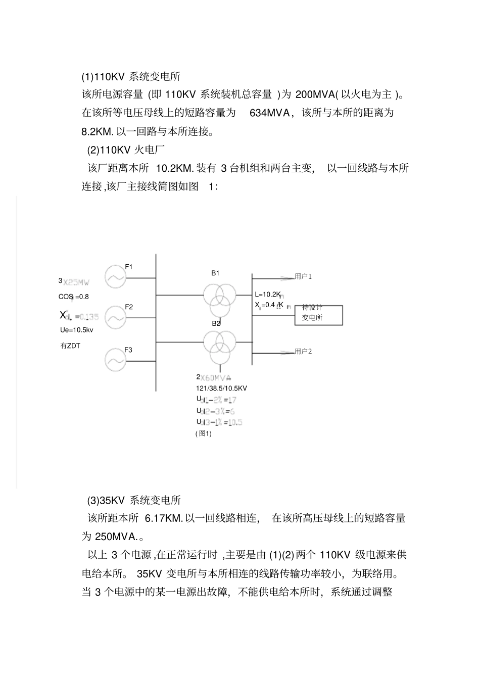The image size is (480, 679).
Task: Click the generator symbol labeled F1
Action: (x=115, y=277)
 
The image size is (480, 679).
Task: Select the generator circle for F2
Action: (x=115, y=317)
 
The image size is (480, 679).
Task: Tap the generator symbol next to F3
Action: (x=115, y=360)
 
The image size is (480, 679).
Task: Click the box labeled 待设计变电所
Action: (x=318, y=315)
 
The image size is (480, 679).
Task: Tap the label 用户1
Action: (x=303, y=276)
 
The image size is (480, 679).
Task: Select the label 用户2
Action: (x=303, y=351)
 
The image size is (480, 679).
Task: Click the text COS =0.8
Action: (x=73, y=297)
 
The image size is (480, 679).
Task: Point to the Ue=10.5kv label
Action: (x=77, y=330)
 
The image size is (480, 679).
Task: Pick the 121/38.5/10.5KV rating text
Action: (x=221, y=388)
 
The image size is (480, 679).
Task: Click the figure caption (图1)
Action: (x=203, y=433)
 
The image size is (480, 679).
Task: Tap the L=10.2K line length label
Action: (x=268, y=294)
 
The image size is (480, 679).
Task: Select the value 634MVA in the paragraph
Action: (x=270, y=113)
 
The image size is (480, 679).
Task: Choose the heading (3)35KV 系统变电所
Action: (x=134, y=500)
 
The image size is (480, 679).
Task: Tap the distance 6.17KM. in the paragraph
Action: (x=164, y=518)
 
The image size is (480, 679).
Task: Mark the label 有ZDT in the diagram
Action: (x=70, y=346)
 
